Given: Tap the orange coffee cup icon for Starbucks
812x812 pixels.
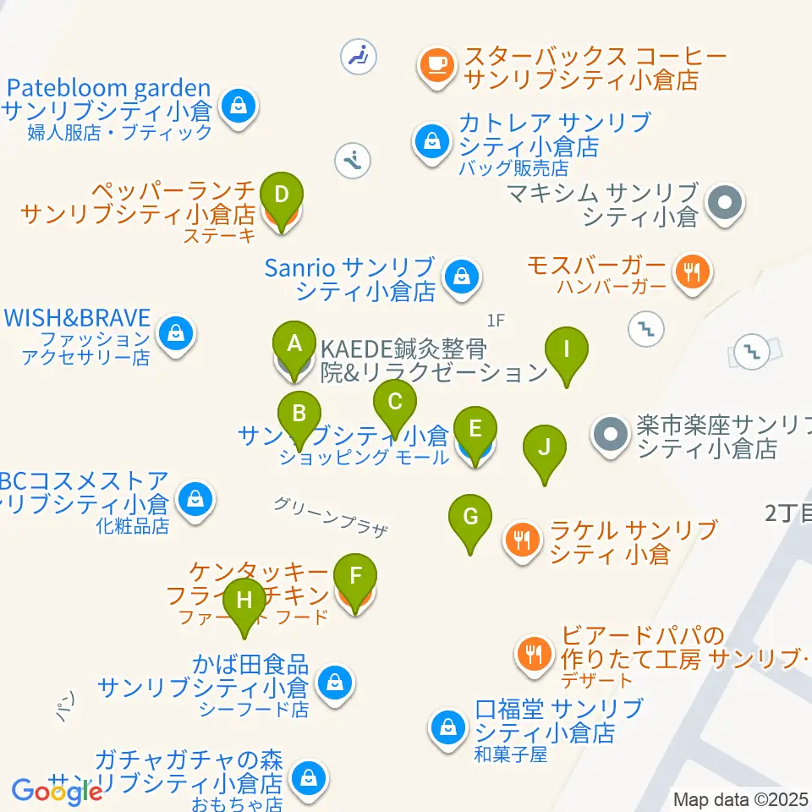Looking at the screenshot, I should tap(436, 64).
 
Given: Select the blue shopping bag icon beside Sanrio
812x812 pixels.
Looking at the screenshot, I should tap(462, 275).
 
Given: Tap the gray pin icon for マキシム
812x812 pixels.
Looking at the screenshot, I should tap(725, 203).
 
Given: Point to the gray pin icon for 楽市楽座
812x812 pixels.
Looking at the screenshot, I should tap(612, 436).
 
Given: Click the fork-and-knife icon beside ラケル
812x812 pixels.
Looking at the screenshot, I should tap(522, 538).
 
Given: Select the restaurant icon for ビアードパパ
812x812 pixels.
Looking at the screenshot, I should tap(534, 652).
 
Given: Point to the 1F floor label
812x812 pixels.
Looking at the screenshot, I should tap(496, 321).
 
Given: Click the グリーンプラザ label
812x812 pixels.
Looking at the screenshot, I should tap(331, 516).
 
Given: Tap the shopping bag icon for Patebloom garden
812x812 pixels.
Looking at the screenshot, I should tap(239, 107).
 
